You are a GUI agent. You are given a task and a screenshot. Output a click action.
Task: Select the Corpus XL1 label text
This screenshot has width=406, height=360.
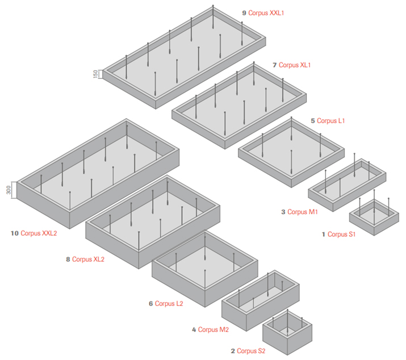tap(295, 65)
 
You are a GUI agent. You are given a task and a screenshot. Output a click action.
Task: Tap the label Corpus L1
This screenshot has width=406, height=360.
tap(331, 120)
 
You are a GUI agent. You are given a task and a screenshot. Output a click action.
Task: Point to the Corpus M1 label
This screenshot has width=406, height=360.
tap(303, 212)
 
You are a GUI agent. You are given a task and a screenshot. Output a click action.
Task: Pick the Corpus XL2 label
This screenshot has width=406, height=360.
tap(89, 259)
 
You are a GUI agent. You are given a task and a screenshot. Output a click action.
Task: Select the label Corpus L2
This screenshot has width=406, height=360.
tap(169, 303)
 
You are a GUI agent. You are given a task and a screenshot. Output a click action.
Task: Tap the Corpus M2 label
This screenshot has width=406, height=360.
tap(214, 329)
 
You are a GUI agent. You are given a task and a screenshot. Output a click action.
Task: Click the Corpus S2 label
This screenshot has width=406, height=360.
tap(251, 351)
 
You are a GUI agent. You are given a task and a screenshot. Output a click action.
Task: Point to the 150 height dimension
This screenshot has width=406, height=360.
tap(97, 74)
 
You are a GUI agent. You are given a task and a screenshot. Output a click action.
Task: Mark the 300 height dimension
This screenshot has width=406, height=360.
tap(9, 189)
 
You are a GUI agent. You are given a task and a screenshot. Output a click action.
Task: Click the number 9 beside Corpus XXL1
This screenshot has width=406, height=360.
tap(244, 12)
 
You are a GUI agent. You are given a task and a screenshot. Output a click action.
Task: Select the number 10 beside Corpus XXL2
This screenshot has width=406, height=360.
tap(14, 233)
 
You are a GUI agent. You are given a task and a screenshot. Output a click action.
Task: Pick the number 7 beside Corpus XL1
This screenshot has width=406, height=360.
tap(274, 65)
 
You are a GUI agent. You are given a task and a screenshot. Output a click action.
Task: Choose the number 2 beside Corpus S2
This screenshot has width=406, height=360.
tap(232, 351)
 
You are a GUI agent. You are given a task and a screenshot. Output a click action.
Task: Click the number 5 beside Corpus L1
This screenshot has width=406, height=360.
tap(313, 120)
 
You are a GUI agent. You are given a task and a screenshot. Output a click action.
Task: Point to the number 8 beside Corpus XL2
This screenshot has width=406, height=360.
tap(68, 259)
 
